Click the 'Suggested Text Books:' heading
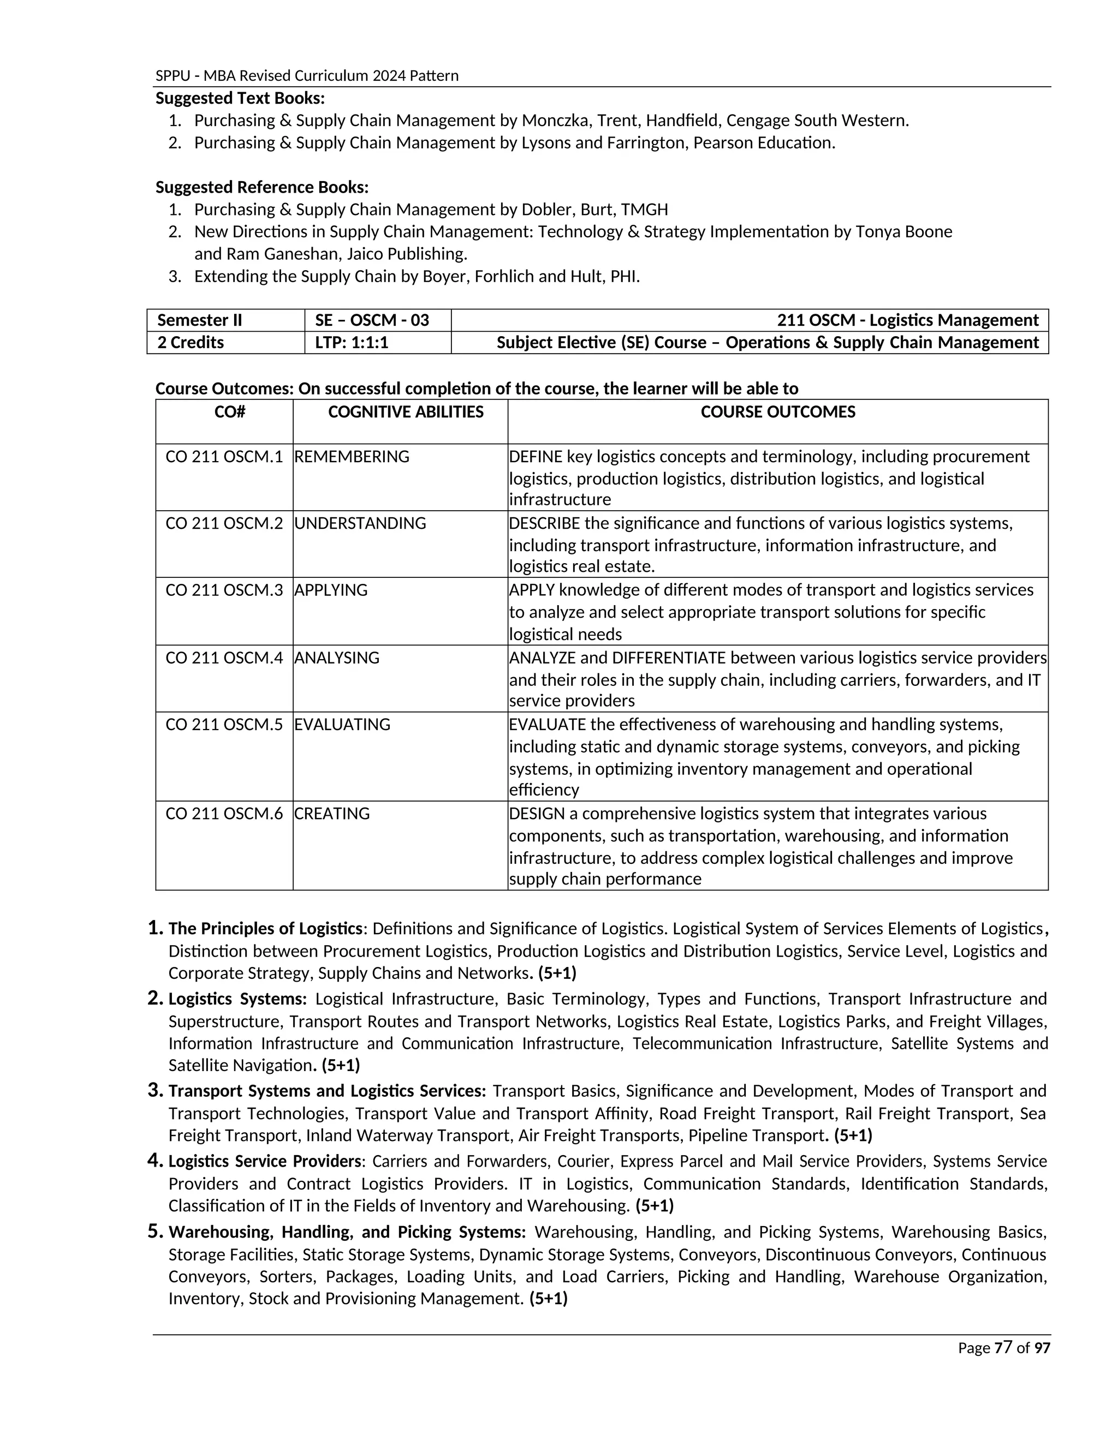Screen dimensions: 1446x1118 click(240, 98)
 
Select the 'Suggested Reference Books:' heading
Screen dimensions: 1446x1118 click(261, 187)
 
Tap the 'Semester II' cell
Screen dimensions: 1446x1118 click(199, 320)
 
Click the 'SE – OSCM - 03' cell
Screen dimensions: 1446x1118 click(372, 320)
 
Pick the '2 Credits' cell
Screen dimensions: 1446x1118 click(191, 342)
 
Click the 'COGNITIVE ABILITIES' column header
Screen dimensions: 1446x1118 click(406, 412)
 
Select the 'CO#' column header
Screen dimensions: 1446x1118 click(230, 412)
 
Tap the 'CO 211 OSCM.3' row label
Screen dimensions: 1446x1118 click(224, 590)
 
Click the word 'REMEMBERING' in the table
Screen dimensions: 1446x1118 click(352, 456)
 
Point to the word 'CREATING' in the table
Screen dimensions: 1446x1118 click(332, 813)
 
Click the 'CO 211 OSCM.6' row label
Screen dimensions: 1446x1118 click(224, 813)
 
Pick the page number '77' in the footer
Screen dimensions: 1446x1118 click(1003, 1347)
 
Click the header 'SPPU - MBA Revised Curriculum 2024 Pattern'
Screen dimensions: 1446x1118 click(307, 75)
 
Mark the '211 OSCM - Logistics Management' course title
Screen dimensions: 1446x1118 click(907, 320)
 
